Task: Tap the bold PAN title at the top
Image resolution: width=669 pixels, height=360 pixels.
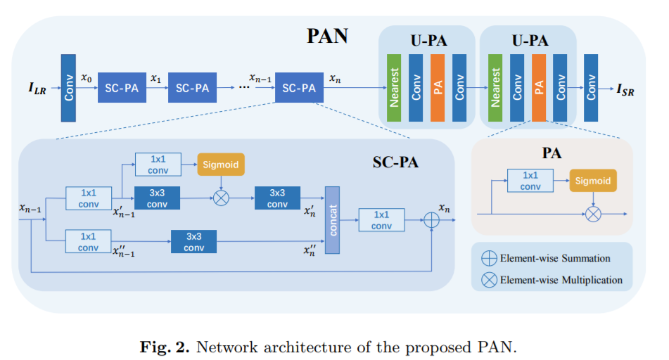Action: coord(326,37)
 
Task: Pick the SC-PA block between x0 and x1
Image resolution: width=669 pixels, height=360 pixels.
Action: coord(121,88)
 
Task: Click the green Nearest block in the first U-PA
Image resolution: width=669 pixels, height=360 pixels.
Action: coord(394,88)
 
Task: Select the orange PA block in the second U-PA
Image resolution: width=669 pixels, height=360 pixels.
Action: coord(539,88)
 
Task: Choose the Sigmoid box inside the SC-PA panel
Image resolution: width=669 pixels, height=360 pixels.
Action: coord(221,165)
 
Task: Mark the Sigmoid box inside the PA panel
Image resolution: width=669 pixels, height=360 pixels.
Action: coord(593,180)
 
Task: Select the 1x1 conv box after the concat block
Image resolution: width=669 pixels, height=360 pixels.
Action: coord(381,220)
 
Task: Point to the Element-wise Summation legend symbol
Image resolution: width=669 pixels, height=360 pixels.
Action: coord(488,258)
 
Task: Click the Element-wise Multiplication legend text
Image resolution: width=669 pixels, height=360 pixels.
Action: coord(561,280)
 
